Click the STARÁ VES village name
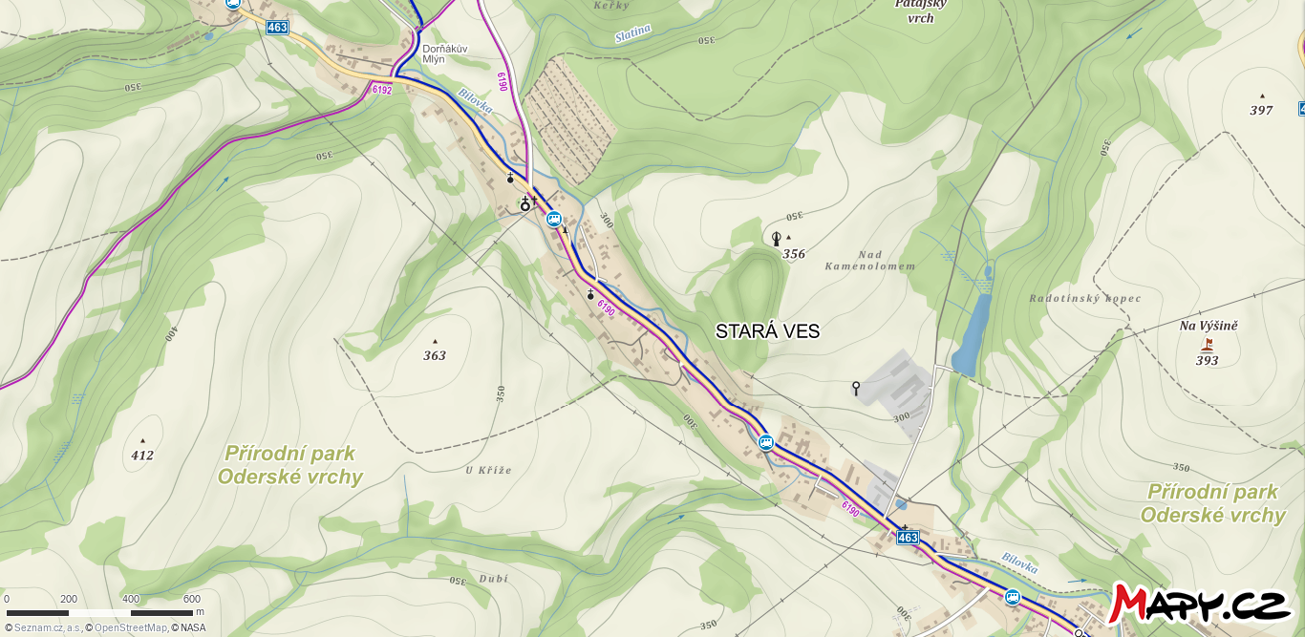tap(767, 331)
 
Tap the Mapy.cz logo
tap(1201, 604)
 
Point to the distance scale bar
tap(99, 612)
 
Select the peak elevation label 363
tap(435, 355)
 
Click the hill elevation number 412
tap(142, 456)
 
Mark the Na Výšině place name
tap(1208, 326)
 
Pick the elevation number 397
tap(1261, 110)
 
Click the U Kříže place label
tap(488, 470)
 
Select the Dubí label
tap(494, 578)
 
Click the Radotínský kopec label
tap(1084, 298)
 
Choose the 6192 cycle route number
tap(382, 90)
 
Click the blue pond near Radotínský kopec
tap(970, 334)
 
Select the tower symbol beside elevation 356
tap(776, 239)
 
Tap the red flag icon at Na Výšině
tap(1208, 344)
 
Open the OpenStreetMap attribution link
tap(130, 627)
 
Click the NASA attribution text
tap(192, 627)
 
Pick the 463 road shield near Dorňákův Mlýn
tap(277, 28)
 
